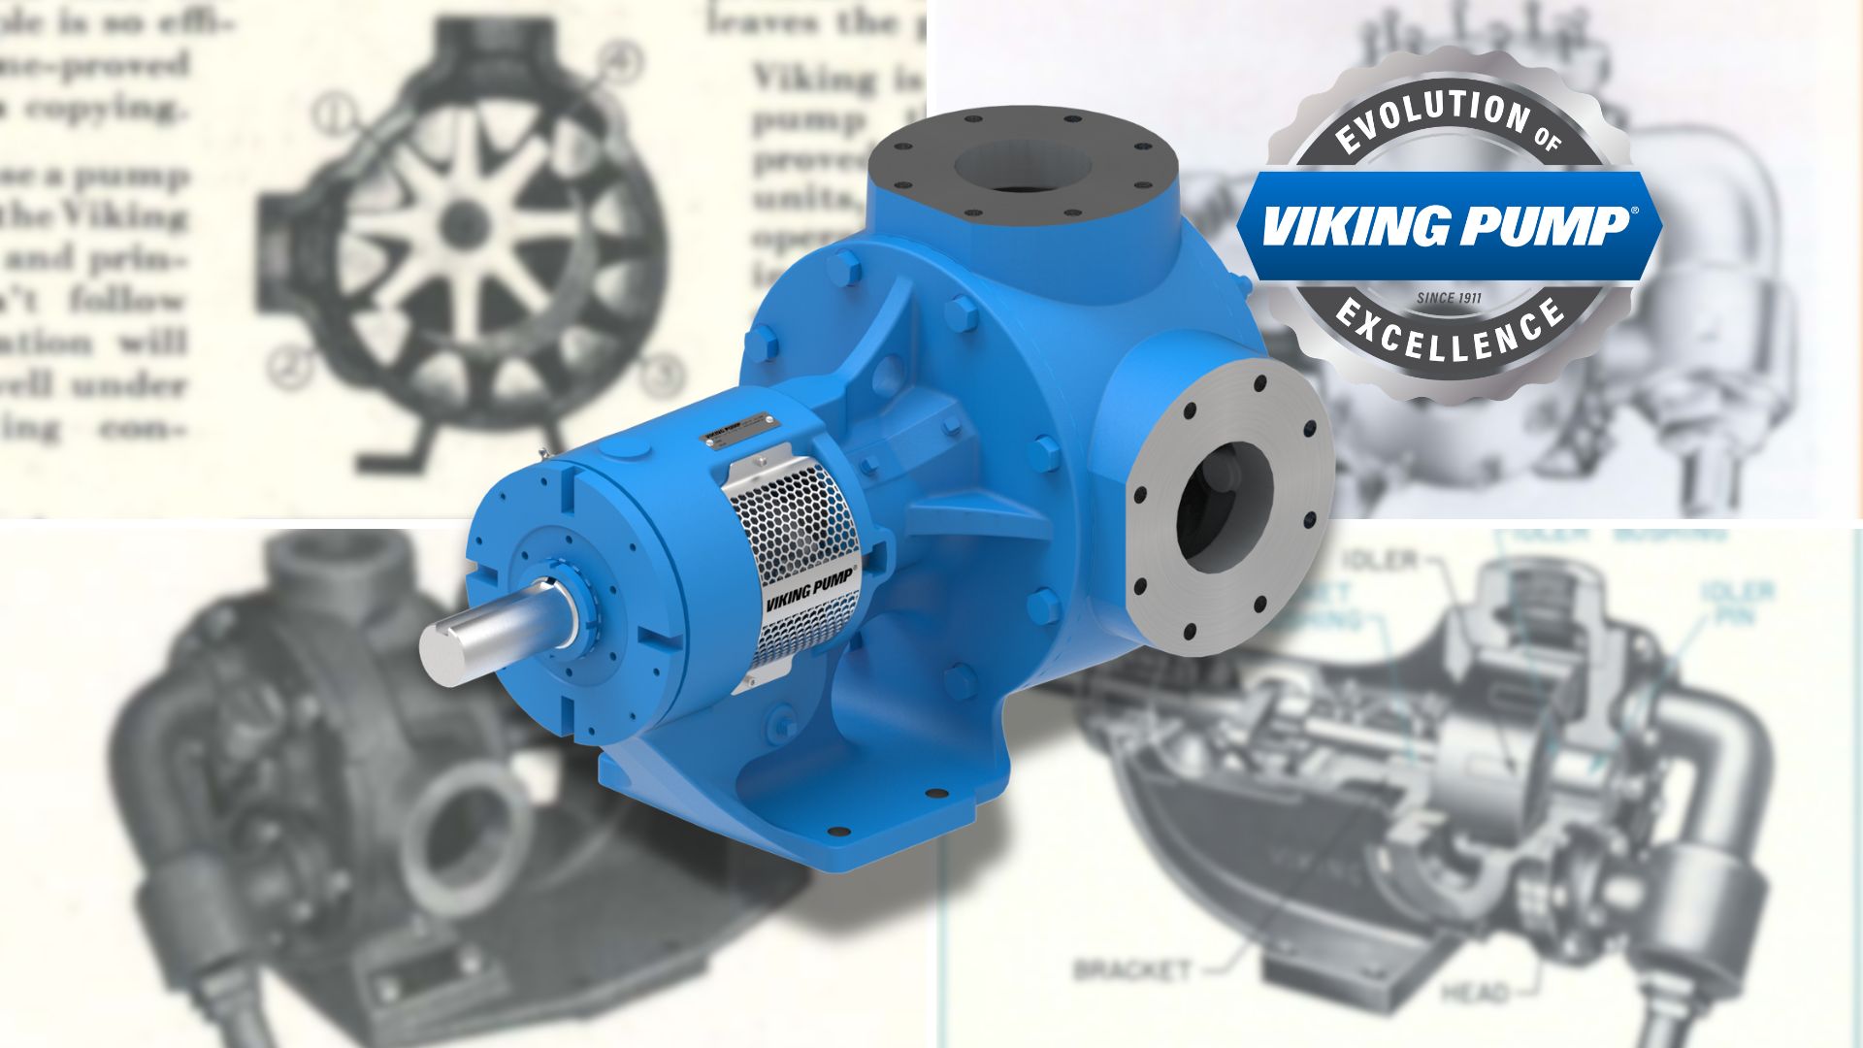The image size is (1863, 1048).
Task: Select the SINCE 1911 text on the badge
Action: [1450, 297]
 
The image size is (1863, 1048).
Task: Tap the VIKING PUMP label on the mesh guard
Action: [811, 588]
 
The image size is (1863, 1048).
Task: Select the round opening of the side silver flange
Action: [1225, 506]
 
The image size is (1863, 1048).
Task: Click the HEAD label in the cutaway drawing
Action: [1474, 993]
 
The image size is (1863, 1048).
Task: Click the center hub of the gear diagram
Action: [464, 224]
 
